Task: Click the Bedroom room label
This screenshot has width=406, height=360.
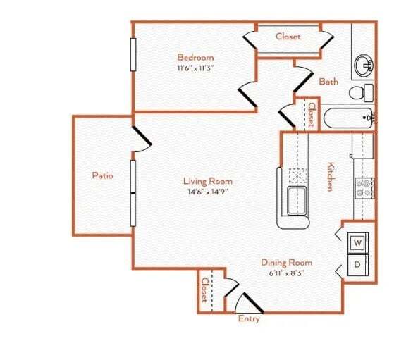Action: point(195,57)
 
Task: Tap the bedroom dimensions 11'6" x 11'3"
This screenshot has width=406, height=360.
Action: point(195,69)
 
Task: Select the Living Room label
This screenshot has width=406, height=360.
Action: point(209,181)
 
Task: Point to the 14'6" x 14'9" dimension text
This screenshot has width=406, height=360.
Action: point(209,192)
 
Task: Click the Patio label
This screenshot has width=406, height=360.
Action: point(103,175)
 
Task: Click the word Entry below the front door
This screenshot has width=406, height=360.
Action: point(248,318)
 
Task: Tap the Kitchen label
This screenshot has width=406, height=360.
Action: point(329,177)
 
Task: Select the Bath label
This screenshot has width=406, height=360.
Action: point(328,82)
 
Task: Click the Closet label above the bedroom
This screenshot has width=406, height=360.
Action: point(288,37)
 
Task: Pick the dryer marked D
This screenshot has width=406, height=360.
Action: point(357,265)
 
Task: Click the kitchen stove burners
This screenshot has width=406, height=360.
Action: point(364,187)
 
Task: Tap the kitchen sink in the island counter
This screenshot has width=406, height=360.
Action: point(297,201)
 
